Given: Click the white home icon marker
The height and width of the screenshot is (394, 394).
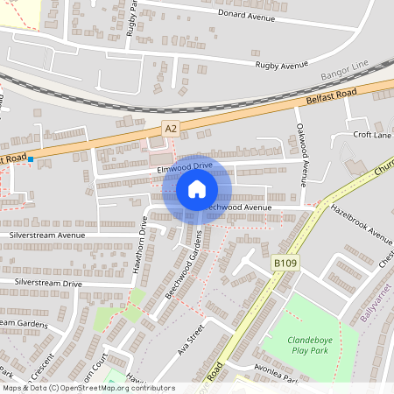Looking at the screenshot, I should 197,189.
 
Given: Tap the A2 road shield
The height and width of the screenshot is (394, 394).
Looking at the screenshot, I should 171,129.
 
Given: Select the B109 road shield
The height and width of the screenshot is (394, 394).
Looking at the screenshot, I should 283,262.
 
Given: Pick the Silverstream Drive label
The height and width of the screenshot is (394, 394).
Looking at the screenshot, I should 47,284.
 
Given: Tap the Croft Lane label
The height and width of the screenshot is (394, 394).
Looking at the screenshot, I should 371,135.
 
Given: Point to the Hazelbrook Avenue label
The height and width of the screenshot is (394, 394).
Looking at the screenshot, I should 362,222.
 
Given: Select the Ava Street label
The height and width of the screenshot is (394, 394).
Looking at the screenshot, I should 192,337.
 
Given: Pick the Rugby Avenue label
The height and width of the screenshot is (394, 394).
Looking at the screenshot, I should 282,65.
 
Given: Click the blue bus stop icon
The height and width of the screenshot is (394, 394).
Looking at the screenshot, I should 31,159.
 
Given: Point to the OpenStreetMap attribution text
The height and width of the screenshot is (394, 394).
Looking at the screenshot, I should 88,387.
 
